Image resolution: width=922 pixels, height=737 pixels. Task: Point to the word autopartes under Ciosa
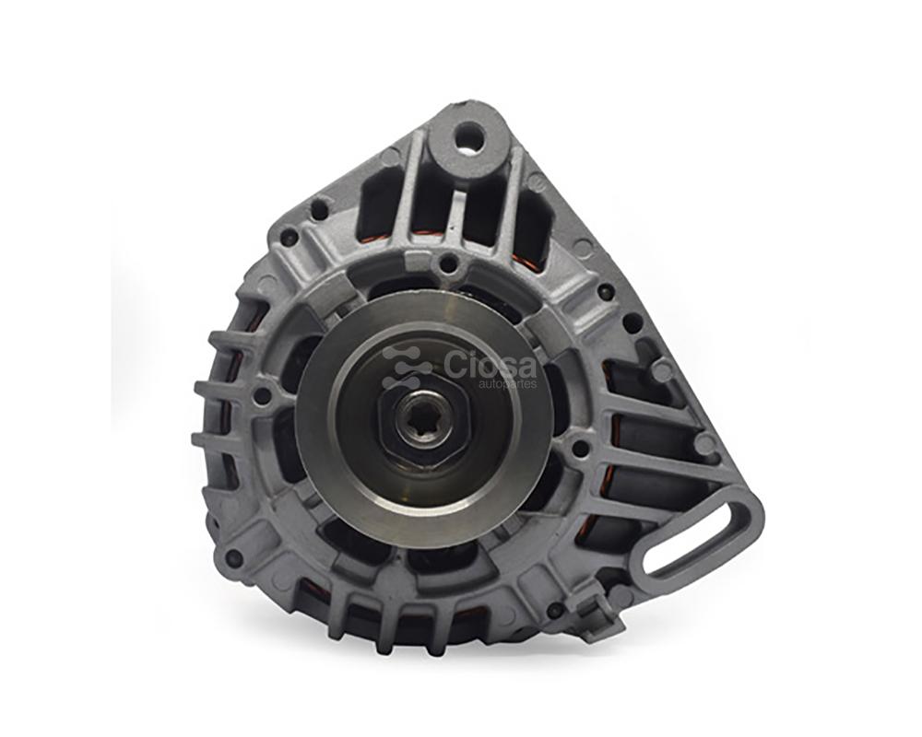(x=507, y=384)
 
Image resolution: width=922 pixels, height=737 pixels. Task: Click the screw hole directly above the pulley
(x=447, y=263)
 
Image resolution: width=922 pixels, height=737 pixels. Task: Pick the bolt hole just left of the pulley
(x=262, y=396)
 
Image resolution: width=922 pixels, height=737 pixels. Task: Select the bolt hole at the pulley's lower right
(x=580, y=449)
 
